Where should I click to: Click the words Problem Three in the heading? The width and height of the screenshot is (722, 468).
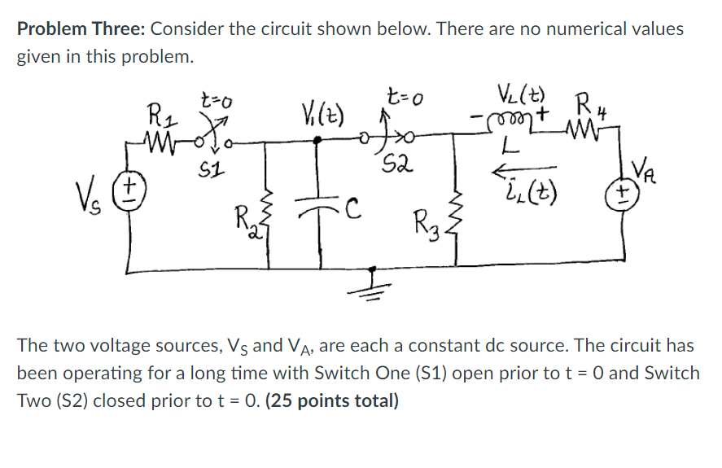79,29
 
